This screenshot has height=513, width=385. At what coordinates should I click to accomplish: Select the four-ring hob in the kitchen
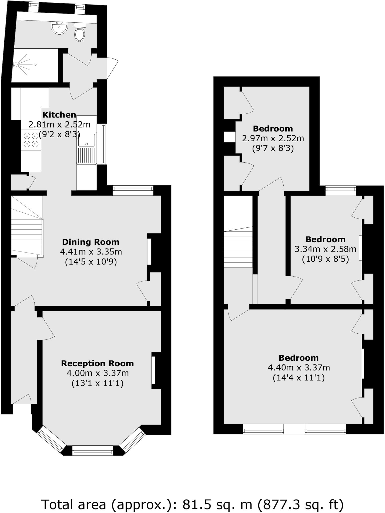click(31, 140)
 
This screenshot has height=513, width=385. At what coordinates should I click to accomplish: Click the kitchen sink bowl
click(87, 140)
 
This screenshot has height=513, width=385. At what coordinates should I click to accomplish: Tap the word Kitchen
click(59, 115)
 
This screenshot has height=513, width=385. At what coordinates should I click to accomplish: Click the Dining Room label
click(91, 242)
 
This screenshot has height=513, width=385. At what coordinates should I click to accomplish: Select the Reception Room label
click(97, 363)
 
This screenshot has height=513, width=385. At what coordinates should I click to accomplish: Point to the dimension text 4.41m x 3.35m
click(91, 252)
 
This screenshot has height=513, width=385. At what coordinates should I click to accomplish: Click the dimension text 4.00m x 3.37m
click(97, 373)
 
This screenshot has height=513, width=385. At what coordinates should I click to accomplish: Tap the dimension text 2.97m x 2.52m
click(273, 138)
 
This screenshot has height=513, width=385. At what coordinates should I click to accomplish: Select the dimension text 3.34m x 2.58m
click(325, 249)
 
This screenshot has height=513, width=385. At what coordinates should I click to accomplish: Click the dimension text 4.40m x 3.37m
click(299, 368)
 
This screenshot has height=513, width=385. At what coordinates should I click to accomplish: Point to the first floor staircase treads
click(238, 247)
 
